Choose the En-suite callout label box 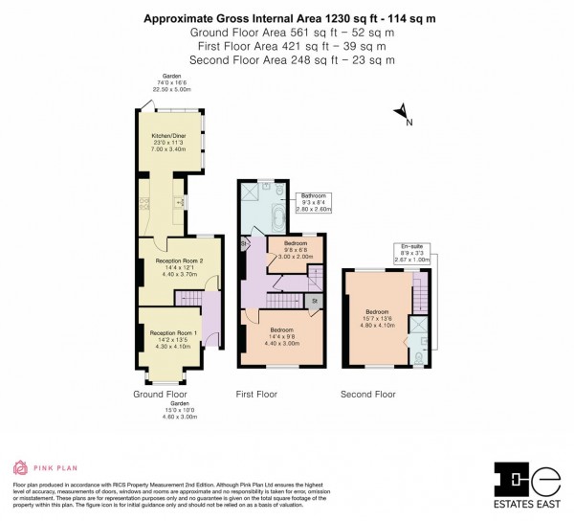(x=412, y=252)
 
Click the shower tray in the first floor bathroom (x=252, y=193)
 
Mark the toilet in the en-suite (x=422, y=357)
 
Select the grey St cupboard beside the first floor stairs (x=314, y=302)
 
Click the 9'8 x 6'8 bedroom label (x=295, y=251)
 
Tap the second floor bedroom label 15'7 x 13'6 (x=376, y=318)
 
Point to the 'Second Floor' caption (x=368, y=394)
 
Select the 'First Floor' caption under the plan (x=256, y=394)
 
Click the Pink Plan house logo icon (x=20, y=468)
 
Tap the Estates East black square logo (x=512, y=478)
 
